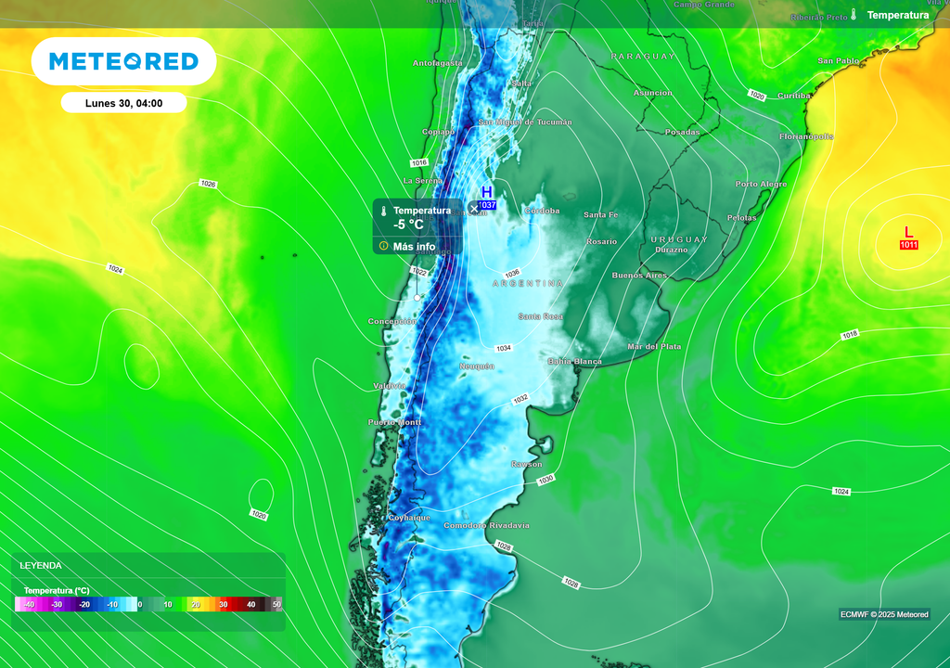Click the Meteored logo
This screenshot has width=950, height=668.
click(x=123, y=61)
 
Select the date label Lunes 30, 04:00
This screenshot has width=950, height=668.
click(x=123, y=103)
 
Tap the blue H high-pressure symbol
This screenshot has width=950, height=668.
click(x=486, y=192)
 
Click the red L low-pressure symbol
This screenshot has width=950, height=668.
click(x=908, y=232)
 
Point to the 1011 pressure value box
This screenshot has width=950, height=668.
click(x=908, y=245)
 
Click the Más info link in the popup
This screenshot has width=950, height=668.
click(x=414, y=247)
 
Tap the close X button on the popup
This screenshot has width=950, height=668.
click(x=474, y=209)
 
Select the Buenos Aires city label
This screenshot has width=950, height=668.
click(x=639, y=276)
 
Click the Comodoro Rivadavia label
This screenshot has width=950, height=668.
click(x=486, y=526)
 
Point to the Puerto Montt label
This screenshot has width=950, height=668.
click(x=394, y=422)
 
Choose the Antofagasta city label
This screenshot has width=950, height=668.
click(x=437, y=63)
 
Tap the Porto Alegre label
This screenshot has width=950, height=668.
click(x=761, y=184)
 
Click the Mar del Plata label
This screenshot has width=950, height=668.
click(x=654, y=346)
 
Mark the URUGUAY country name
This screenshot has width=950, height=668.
click(x=679, y=239)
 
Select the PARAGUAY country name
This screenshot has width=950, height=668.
click(x=643, y=57)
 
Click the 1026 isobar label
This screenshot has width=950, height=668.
click(x=208, y=184)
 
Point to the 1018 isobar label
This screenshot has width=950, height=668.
click(x=850, y=335)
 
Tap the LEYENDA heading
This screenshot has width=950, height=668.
click(x=41, y=565)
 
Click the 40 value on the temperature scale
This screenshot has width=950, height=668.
click(x=250, y=604)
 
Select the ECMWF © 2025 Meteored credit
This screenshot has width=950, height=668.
click(x=884, y=614)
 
